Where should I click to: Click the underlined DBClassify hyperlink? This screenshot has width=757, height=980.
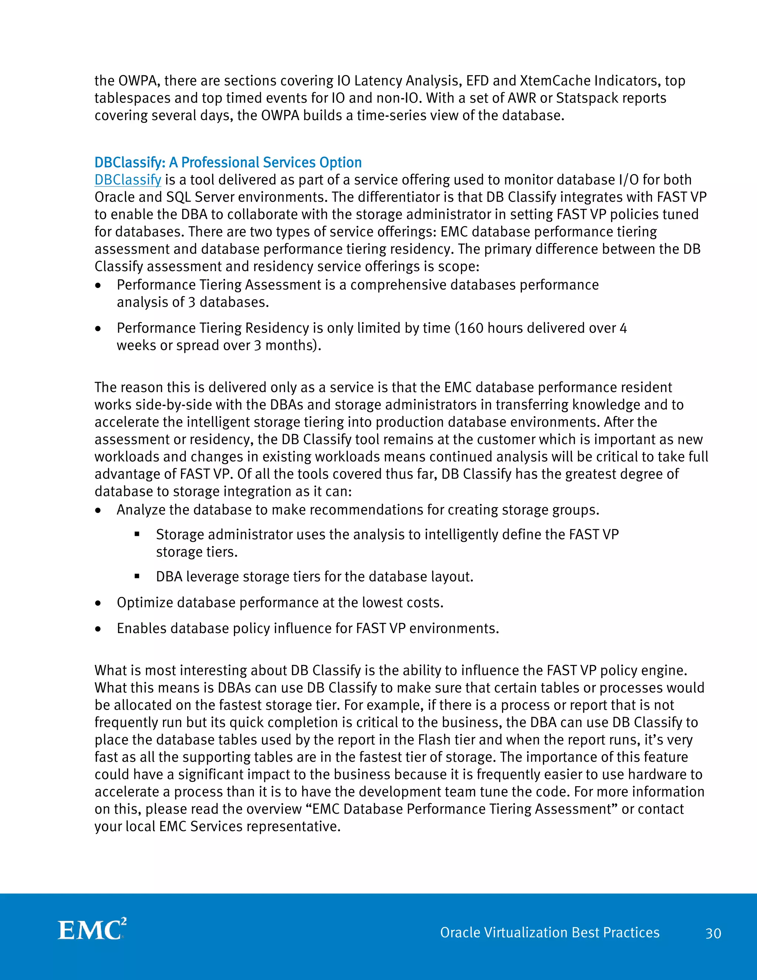coord(128,180)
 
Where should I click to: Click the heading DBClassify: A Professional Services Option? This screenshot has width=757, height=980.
coord(228,162)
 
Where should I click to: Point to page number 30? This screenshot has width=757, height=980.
coord(713,933)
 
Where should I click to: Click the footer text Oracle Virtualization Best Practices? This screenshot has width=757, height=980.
coord(549,932)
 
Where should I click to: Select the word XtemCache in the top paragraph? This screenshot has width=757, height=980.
coord(555,81)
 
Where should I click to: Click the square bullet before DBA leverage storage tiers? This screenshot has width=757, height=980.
coord(137,576)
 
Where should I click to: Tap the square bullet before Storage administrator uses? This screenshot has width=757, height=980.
coord(137,534)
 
